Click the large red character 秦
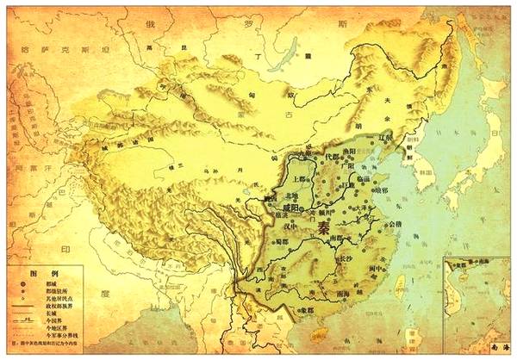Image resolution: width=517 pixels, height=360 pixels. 323,227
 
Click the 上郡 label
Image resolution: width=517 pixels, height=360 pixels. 281,182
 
